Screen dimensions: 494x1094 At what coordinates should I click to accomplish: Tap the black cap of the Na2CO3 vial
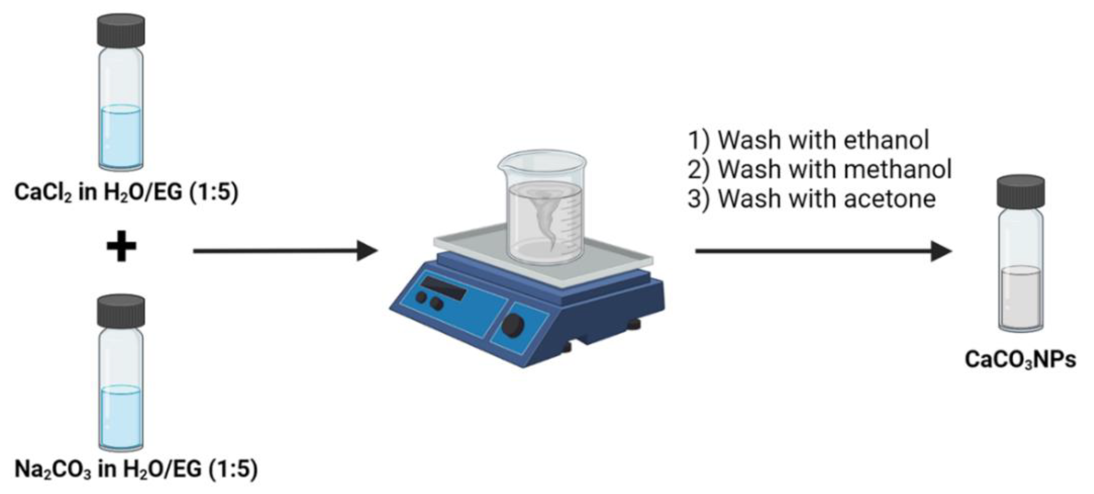(x=121, y=311)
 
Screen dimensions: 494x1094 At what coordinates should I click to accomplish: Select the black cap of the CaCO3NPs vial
(x=1021, y=192)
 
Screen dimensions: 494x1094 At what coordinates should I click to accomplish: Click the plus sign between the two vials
(x=121, y=246)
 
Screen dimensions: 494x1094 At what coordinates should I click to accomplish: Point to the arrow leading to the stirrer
(x=284, y=251)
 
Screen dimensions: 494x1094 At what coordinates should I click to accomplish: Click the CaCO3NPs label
(x=1020, y=359)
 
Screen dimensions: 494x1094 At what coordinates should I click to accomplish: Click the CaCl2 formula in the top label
(x=42, y=192)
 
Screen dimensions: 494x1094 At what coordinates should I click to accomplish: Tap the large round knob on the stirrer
(x=513, y=325)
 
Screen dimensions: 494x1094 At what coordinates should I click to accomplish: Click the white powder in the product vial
(x=1021, y=297)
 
